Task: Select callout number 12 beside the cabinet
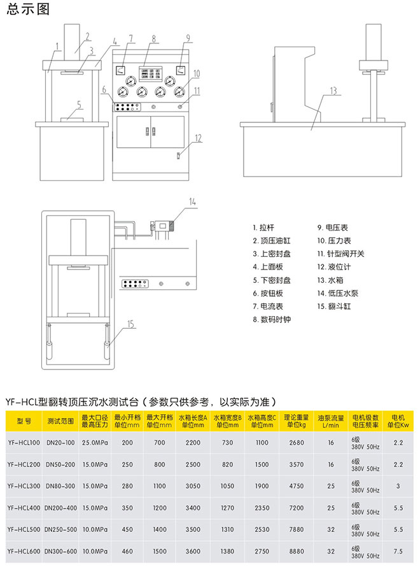(199, 137)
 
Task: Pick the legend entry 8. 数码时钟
(271, 319)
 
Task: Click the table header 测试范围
(60, 421)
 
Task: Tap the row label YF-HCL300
(24, 486)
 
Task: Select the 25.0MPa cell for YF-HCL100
(94, 442)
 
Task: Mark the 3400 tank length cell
(193, 507)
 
